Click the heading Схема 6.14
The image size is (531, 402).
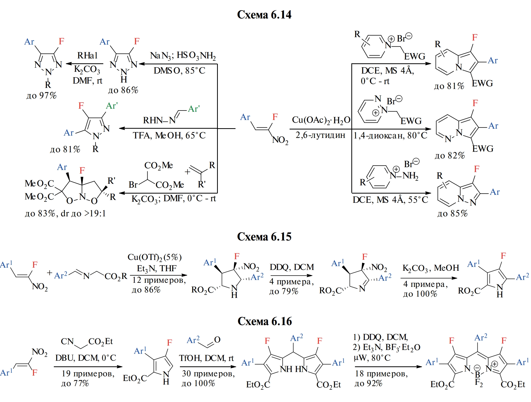pos(264,15)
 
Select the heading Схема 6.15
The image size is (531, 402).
pos(264,237)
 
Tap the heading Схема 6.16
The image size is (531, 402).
pos(264,321)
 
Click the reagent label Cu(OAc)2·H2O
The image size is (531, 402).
pos(321,120)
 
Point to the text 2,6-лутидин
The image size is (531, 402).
pos(320,135)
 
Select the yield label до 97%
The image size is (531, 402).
pos(42,96)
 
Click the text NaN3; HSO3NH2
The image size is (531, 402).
pos(183,56)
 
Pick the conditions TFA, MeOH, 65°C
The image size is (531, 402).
pos(169,135)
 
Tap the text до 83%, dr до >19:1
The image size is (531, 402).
pos(65,213)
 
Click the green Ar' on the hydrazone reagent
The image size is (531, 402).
pos(194,109)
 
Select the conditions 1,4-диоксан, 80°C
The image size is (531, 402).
pos(390,135)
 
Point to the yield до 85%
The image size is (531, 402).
pos(452,213)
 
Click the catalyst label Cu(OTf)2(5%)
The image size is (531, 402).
pos(155,257)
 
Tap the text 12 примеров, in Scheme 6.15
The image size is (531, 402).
pos(159,280)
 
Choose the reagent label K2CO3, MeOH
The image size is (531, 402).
pos(431,268)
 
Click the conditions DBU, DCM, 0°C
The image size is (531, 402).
pos(86,358)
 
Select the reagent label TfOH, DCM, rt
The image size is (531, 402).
pos(206,358)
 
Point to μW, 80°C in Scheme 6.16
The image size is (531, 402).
pos(372,358)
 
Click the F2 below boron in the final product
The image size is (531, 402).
pos(478,383)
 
